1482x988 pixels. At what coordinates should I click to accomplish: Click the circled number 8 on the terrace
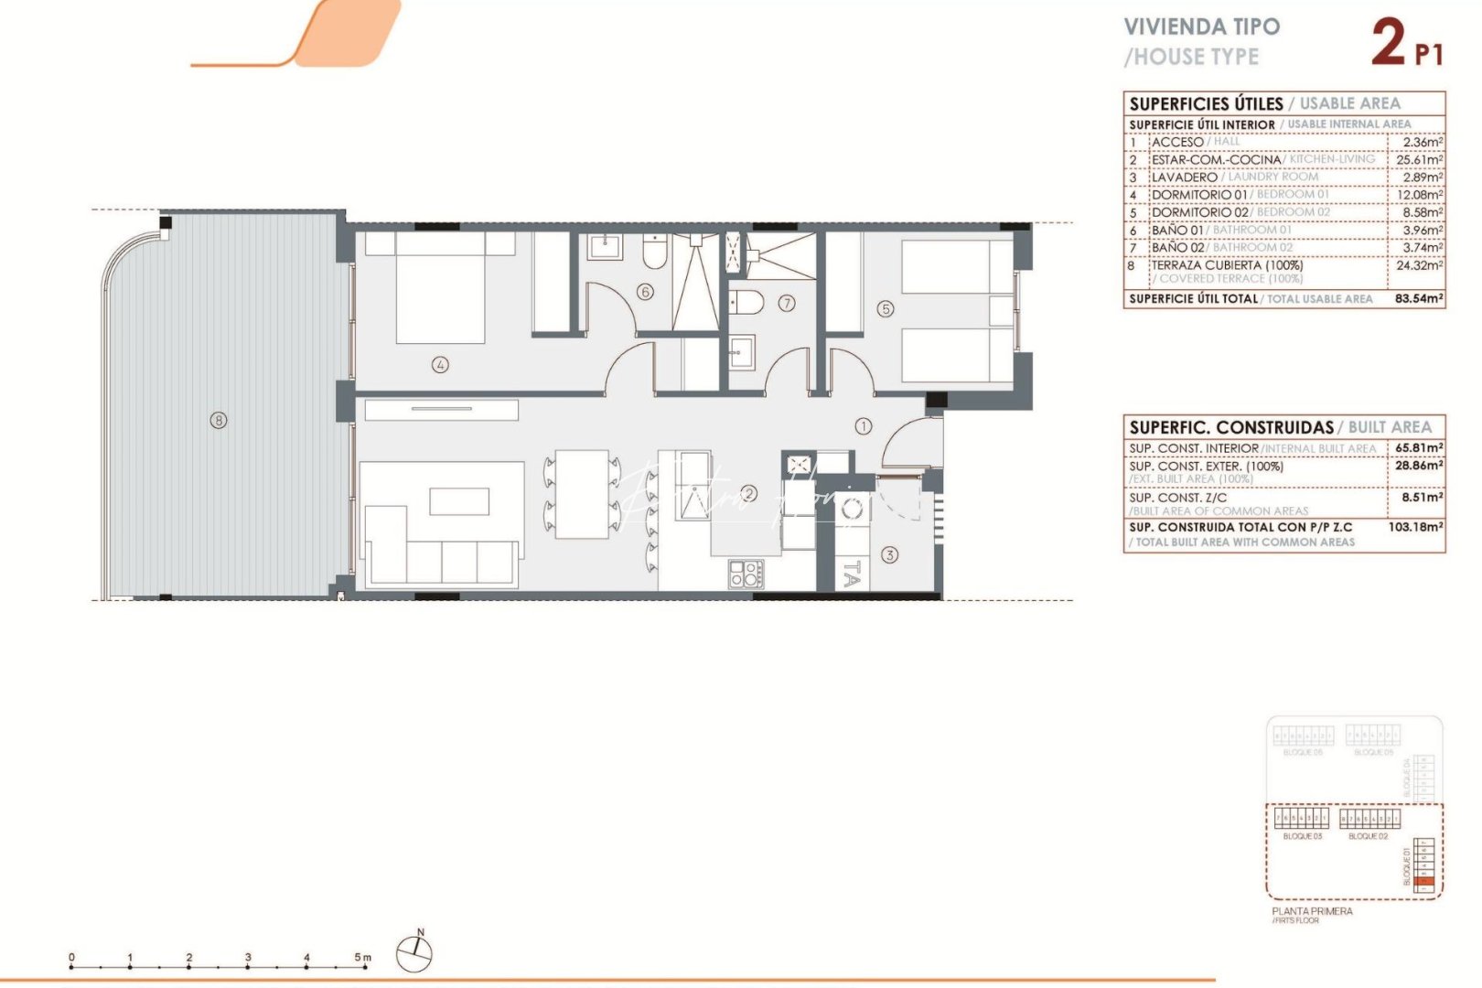click(218, 421)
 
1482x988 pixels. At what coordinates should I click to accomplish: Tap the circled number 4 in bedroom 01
click(440, 364)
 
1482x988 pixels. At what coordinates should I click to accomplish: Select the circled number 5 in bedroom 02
click(886, 309)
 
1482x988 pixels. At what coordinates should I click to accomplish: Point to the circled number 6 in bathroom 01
click(646, 292)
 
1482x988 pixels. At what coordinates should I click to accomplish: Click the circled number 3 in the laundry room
click(889, 554)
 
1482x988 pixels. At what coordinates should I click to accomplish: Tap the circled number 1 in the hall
click(864, 425)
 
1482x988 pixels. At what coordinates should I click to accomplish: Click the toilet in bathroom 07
click(746, 302)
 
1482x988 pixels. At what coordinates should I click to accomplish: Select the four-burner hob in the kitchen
click(746, 574)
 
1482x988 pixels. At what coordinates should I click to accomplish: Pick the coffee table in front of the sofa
click(459, 501)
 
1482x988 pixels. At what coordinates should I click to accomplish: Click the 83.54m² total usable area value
click(1419, 298)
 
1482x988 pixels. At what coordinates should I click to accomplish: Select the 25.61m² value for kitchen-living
click(1419, 159)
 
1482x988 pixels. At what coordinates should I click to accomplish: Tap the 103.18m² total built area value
click(1415, 527)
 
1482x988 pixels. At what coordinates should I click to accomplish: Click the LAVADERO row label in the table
click(1184, 177)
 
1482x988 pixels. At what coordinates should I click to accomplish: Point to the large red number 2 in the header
click(1388, 43)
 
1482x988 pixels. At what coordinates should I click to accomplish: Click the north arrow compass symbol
click(414, 953)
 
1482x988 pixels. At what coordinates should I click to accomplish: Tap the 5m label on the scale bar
click(363, 958)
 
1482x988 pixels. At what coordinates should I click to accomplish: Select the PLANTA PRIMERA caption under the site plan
click(1312, 911)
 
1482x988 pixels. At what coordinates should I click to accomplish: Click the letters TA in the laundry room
click(851, 574)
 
